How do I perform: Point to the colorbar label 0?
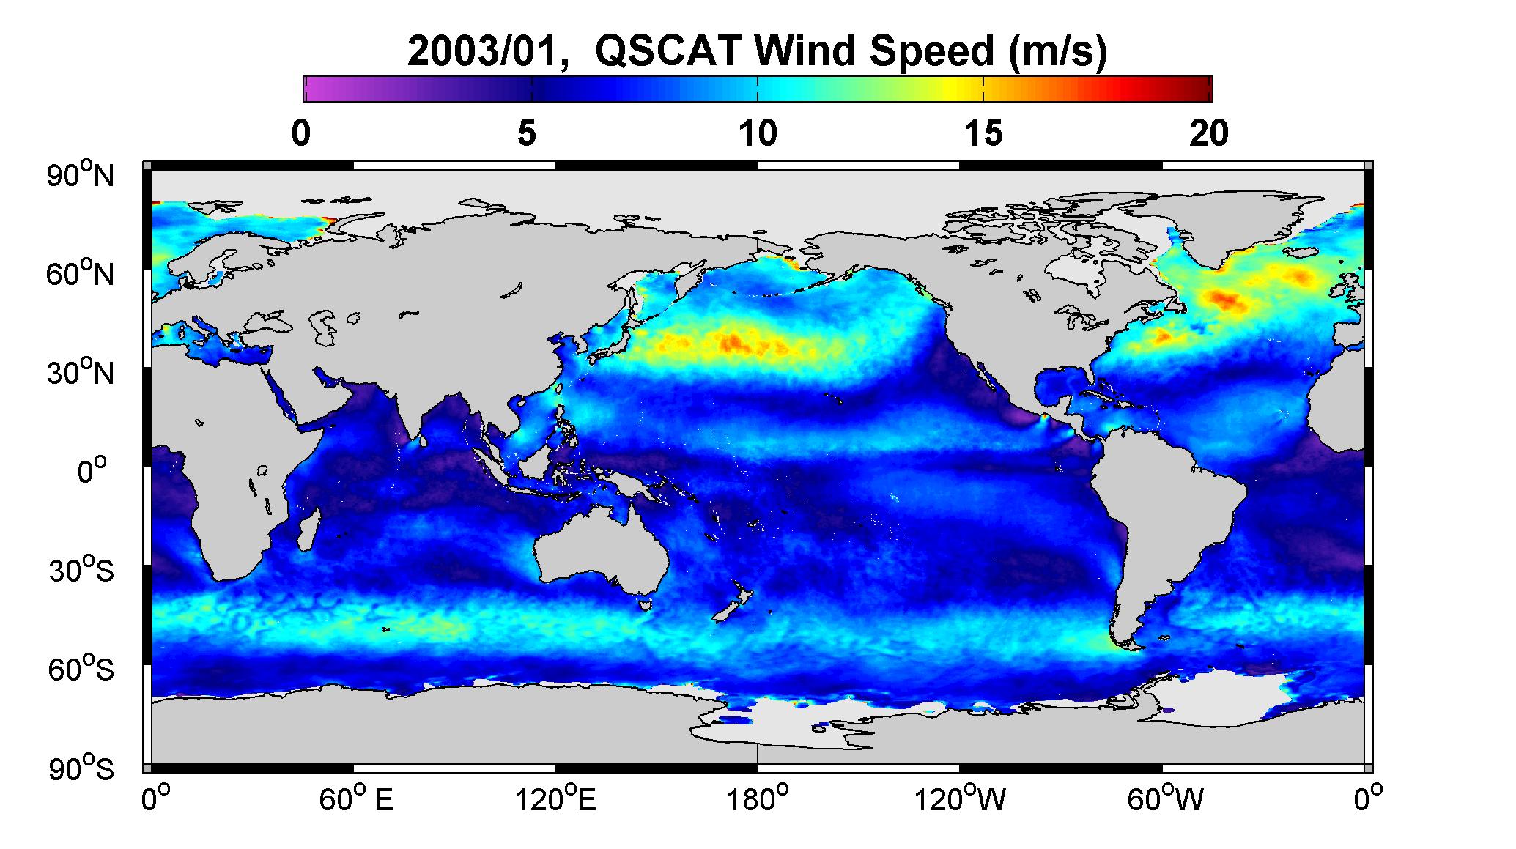(x=301, y=133)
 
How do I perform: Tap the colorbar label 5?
(x=527, y=133)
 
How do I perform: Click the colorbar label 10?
(x=758, y=133)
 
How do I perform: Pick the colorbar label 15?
(x=983, y=133)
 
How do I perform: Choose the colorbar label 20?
(x=1209, y=133)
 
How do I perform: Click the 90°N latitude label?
(x=81, y=174)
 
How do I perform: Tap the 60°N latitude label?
(x=81, y=274)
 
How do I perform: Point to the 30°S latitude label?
(x=81, y=570)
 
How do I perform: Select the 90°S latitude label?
(x=81, y=768)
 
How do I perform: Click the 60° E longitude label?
(x=356, y=799)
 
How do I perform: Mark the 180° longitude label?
(x=758, y=799)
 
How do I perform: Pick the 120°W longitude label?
(x=960, y=799)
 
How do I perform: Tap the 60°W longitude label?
(x=1165, y=799)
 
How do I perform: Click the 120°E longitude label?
(x=555, y=799)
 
